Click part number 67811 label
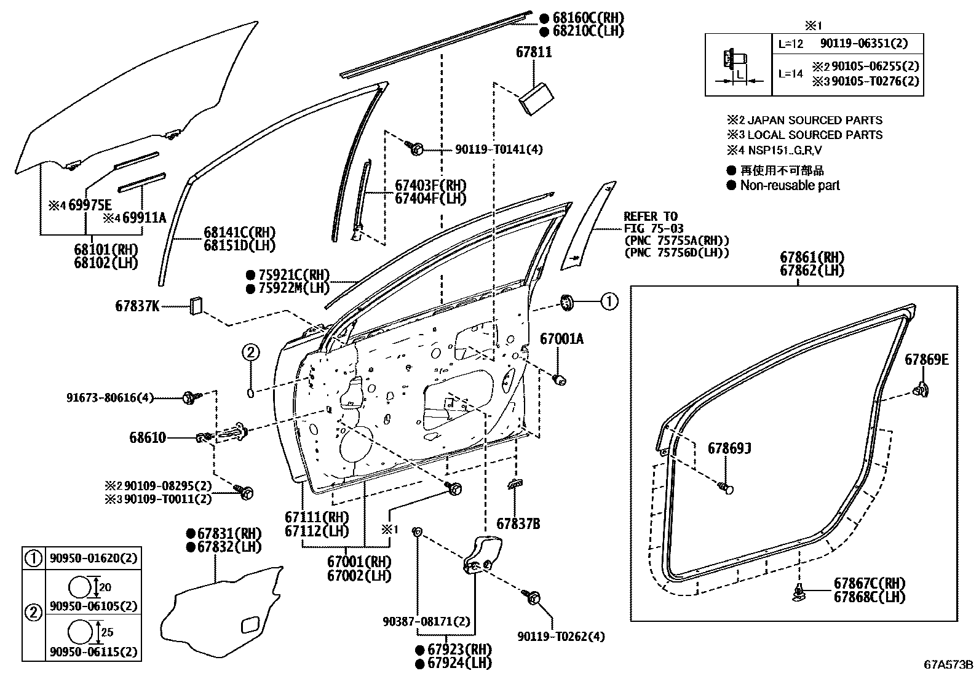click(533, 53)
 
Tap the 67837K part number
click(137, 305)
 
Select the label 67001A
click(561, 338)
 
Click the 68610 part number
click(148, 438)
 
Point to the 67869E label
click(926, 360)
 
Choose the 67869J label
click(729, 448)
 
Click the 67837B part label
click(518, 524)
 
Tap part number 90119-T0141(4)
click(499, 149)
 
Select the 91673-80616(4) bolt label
click(110, 397)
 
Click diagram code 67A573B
click(948, 665)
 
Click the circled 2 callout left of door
click(251, 352)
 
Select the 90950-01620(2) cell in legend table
click(93, 559)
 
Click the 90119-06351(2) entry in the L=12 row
click(863, 44)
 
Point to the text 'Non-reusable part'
click(790, 186)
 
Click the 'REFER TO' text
click(651, 217)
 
